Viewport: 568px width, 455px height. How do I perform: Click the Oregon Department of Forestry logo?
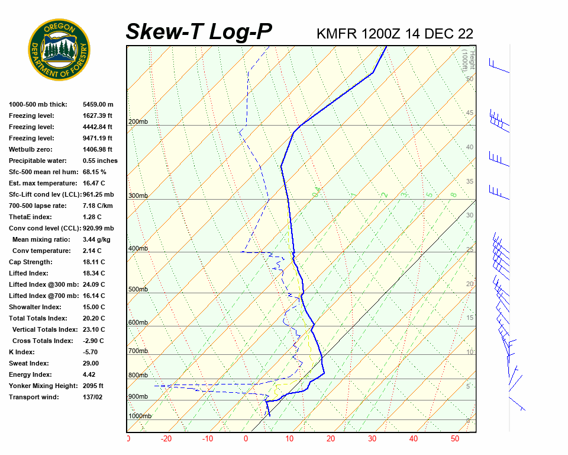[59, 50]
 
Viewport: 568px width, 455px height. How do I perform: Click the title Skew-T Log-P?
[199, 32]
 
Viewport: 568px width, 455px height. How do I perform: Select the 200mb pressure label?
[138, 122]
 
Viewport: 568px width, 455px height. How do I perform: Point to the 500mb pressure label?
[138, 290]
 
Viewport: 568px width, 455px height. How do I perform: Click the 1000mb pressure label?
[140, 416]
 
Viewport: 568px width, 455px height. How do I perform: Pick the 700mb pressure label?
[138, 351]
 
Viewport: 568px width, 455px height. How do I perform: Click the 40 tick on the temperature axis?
[413, 439]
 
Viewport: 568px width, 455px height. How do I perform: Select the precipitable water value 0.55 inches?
[100, 161]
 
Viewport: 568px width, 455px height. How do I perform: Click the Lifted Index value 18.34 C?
[93, 273]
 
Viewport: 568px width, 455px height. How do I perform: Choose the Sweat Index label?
[28, 363]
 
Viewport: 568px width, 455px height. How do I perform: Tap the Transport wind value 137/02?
[93, 397]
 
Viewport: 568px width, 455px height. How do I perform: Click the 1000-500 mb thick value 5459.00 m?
[98, 104]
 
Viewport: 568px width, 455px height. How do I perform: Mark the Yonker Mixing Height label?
[40, 386]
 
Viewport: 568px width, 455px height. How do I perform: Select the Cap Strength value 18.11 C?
[93, 262]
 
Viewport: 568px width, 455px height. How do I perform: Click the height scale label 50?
[469, 79]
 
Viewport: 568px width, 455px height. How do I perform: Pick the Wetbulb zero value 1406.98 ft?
[98, 149]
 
